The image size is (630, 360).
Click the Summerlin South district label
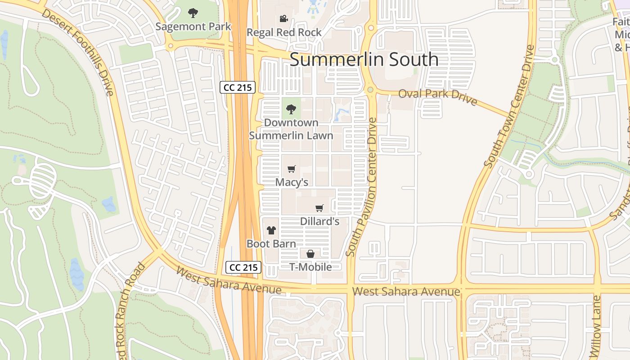[x=364, y=59]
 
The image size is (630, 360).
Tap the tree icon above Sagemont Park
[x=193, y=13]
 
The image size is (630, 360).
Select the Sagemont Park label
[x=193, y=27]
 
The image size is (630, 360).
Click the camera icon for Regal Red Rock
[x=283, y=19]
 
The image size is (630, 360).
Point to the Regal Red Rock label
[x=284, y=32]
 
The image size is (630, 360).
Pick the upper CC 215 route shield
[x=238, y=87]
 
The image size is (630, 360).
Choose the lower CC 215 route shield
[x=243, y=267]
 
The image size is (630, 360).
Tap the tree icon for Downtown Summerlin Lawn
[x=291, y=109]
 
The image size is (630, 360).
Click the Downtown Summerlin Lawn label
[x=291, y=129]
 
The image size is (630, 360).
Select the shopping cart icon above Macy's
[x=292, y=169]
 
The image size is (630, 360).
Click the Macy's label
[x=292, y=182]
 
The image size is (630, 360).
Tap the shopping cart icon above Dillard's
[x=319, y=208]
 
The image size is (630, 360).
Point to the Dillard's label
[x=319, y=221]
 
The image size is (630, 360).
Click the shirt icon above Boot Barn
[x=271, y=230]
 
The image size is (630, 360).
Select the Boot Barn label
[x=271, y=244]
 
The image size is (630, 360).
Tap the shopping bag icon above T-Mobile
[x=310, y=254]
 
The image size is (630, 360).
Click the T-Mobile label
[x=310, y=267]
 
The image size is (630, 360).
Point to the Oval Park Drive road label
[x=437, y=96]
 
